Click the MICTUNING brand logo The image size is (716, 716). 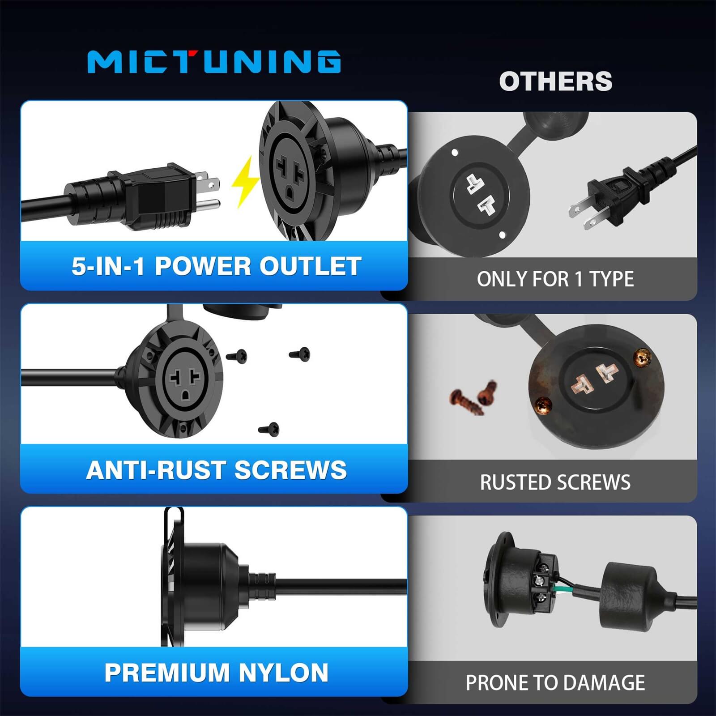click(x=214, y=61)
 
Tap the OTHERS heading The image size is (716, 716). click(x=555, y=81)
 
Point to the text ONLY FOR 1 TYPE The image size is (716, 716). click(x=555, y=279)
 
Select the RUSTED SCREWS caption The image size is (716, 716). click(x=555, y=482)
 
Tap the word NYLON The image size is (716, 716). click(x=283, y=673)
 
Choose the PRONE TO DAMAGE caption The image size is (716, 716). click(x=555, y=683)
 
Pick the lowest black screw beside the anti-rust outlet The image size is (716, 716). click(x=269, y=430)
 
